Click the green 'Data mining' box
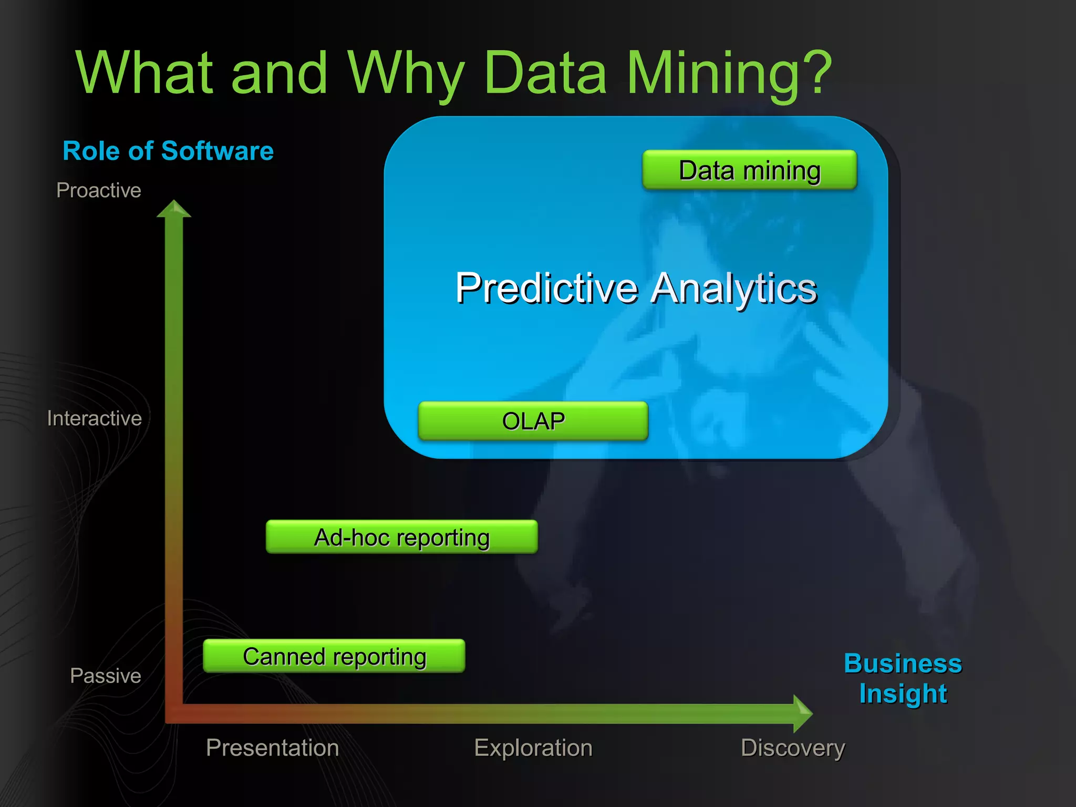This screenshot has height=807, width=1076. click(749, 170)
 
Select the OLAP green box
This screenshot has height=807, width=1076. click(533, 421)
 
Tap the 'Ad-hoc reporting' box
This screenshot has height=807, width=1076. click(401, 537)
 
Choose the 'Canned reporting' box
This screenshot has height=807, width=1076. click(334, 656)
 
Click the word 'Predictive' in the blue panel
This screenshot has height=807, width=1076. click(546, 288)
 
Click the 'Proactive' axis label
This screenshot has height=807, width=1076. click(99, 190)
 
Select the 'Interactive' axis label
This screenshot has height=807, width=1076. click(95, 418)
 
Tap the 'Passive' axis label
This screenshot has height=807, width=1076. click(106, 676)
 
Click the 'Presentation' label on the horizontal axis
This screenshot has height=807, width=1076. click(272, 748)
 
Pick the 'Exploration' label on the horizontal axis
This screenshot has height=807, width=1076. click(533, 748)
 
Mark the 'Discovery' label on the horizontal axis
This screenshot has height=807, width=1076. click(792, 748)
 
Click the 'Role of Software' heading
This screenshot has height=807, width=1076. click(168, 151)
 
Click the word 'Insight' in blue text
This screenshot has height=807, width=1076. click(903, 694)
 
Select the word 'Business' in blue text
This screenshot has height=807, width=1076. click(903, 664)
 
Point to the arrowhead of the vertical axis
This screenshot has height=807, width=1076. click(174, 209)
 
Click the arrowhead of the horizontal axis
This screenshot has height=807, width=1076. click(802, 713)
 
